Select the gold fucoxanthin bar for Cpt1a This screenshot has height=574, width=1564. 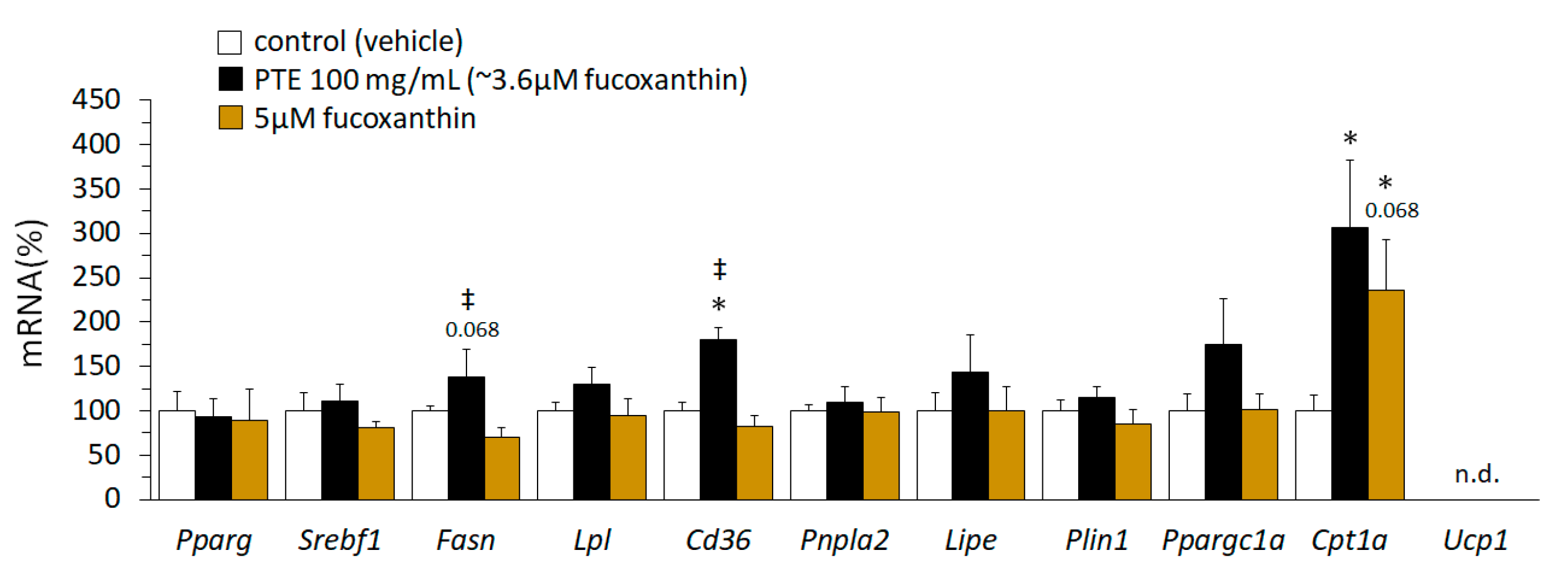(1385, 394)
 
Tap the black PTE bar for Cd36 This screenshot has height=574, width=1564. (717, 419)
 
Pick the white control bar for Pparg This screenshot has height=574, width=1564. (177, 455)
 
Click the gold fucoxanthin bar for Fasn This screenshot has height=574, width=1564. (502, 468)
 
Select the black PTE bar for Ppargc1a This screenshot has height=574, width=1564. (1223, 422)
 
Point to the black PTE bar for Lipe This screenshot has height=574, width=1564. (969, 435)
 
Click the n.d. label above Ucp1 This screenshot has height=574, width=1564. (1476, 474)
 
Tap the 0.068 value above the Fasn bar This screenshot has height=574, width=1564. (472, 329)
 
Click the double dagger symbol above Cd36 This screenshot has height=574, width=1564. (719, 269)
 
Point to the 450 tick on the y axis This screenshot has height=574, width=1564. (96, 100)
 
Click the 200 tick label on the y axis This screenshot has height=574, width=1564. (96, 322)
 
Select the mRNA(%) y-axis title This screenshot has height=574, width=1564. (32, 293)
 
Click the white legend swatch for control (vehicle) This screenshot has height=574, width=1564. (230, 42)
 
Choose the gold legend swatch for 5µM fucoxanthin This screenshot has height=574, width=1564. (230, 118)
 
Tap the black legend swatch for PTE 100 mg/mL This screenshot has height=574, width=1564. (230, 79)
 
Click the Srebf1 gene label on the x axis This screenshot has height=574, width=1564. (340, 539)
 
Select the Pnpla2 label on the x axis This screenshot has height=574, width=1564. (844, 539)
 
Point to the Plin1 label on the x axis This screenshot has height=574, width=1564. (1096, 539)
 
